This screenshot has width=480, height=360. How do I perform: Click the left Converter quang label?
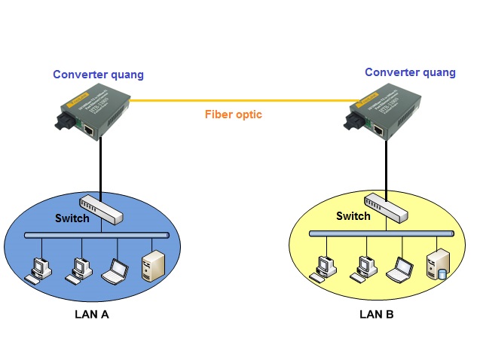98,75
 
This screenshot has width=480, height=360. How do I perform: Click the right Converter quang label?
410,72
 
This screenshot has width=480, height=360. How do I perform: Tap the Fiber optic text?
234,115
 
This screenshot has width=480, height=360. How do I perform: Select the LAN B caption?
376,314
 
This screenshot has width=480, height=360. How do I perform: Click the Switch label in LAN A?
72,218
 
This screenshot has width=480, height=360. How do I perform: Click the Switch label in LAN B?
353,216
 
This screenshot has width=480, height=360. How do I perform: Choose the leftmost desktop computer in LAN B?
325,267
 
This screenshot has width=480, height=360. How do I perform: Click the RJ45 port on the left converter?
90,131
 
